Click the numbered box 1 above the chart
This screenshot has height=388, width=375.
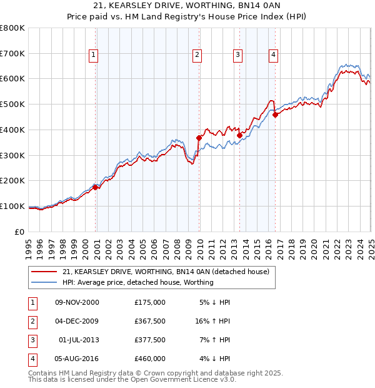[93, 55]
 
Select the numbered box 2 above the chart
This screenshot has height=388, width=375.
[197, 55]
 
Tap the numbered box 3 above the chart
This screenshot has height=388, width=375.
[238, 55]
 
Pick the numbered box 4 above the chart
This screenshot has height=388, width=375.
[274, 55]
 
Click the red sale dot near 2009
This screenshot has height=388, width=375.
[199, 138]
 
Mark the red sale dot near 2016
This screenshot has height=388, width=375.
[275, 115]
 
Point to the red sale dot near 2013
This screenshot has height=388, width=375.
[239, 135]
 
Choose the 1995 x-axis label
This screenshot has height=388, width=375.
[29, 243]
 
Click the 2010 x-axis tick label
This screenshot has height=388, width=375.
[199, 243]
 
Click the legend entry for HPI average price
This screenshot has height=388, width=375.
[137, 282]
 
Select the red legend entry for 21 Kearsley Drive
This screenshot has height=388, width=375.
[166, 272]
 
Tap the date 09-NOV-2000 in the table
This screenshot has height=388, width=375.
[77, 302]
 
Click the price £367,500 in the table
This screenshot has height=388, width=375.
[149, 321]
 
